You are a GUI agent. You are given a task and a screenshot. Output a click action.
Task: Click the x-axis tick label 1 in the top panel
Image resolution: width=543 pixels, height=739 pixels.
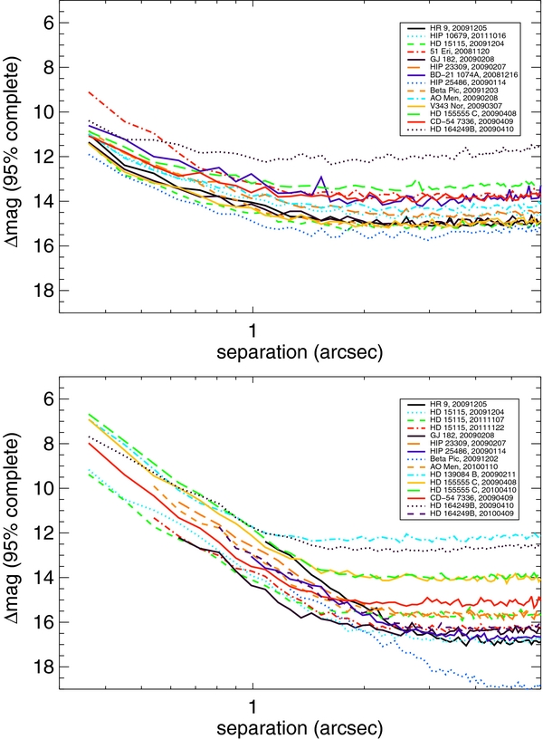point(252,328)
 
